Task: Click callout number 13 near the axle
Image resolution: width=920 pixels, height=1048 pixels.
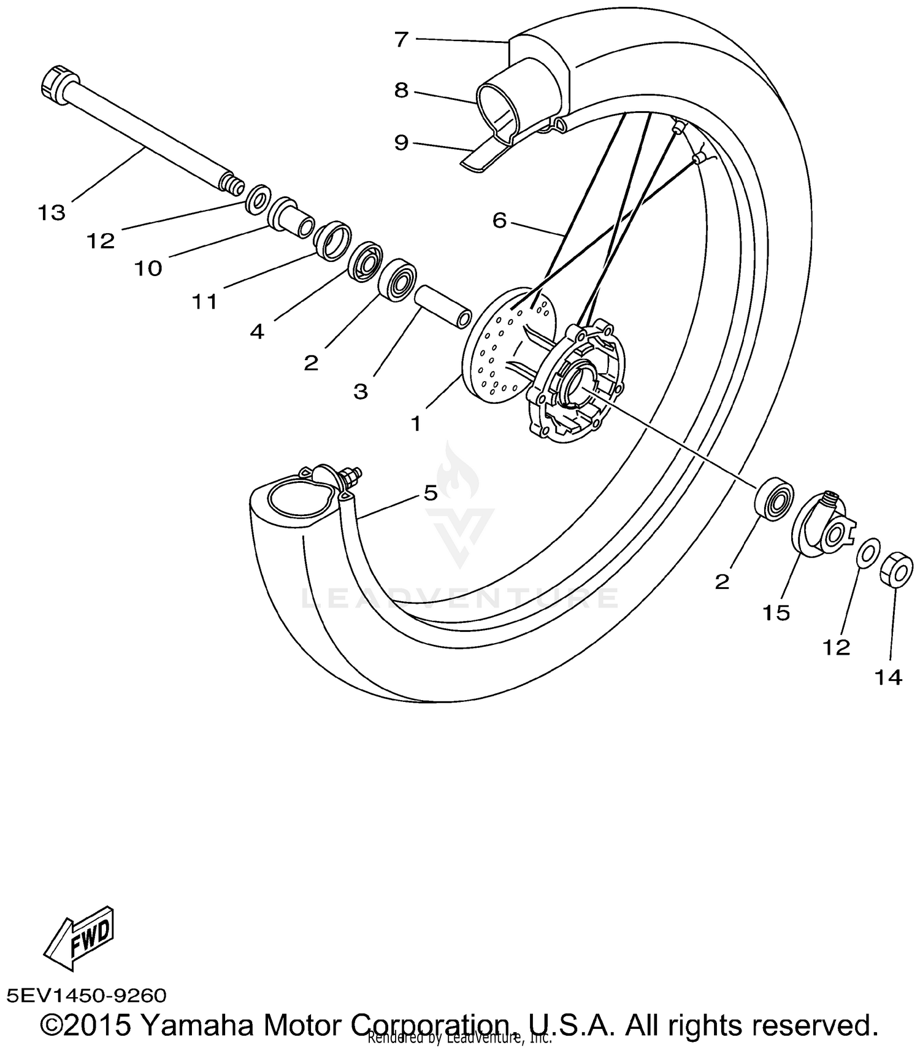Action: click(51, 213)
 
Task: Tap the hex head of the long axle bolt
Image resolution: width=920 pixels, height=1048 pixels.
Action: click(58, 82)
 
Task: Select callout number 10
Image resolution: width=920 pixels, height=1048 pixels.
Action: click(148, 268)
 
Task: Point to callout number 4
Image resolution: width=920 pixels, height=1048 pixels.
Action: click(257, 332)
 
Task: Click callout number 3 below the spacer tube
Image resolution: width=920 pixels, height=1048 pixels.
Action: click(361, 391)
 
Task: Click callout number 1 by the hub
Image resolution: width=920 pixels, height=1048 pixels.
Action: click(416, 423)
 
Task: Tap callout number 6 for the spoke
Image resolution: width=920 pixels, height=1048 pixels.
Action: click(499, 220)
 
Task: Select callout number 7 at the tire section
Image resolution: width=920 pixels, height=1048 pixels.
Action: click(401, 40)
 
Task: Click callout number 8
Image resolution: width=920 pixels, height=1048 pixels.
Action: click(401, 91)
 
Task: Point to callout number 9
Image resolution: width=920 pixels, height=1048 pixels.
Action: click(401, 143)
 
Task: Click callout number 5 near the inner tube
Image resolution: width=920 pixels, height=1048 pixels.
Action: click(431, 493)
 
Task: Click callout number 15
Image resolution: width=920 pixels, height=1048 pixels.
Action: click(776, 612)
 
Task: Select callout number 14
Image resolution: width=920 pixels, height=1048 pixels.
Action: click(889, 677)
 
